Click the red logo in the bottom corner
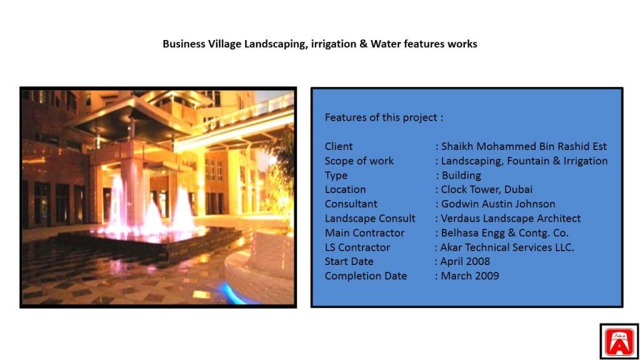point(619,342)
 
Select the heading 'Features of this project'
point(381,117)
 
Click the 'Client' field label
point(339,146)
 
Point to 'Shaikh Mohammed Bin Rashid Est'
point(524,146)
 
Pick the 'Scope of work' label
point(359,161)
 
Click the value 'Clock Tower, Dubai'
point(486,189)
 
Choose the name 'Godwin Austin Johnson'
point(498,204)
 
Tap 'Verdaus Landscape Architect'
point(511,218)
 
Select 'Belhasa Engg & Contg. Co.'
point(504,233)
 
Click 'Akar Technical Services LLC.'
point(507,247)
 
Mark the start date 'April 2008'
point(465,262)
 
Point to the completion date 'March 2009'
point(470,276)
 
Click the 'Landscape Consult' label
point(370,218)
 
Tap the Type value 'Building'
point(461,176)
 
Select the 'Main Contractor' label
point(364,233)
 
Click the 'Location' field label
point(345,189)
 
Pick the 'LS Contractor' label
point(357,247)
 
